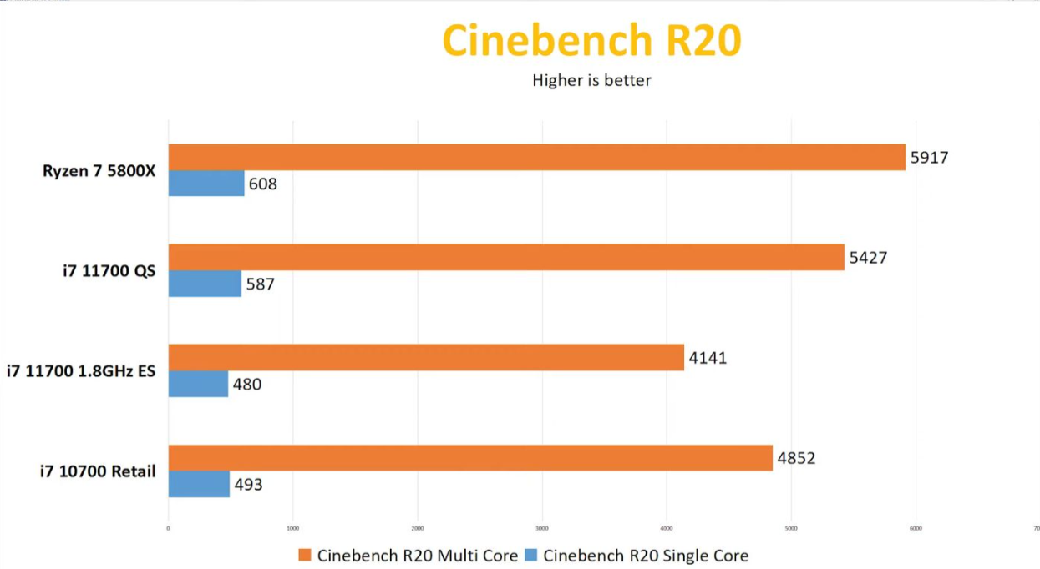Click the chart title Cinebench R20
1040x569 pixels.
tap(591, 41)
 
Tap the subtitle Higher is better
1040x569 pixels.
tap(591, 81)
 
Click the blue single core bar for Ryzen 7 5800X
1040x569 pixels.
tap(206, 184)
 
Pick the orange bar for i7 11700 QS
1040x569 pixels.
tap(506, 257)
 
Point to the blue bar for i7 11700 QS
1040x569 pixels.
tap(205, 284)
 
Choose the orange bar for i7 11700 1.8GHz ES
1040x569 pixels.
tap(426, 357)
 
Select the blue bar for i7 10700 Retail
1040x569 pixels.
tap(199, 484)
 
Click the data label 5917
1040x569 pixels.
tap(929, 157)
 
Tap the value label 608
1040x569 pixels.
tap(262, 184)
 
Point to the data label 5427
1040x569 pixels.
tap(868, 258)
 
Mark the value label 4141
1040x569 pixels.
tap(708, 358)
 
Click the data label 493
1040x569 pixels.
tap(247, 484)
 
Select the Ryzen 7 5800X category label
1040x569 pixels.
tap(99, 171)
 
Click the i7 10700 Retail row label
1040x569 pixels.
tap(98, 471)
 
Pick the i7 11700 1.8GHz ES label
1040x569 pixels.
tap(81, 371)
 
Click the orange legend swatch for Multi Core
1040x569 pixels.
tap(305, 556)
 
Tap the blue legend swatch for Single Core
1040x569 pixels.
tap(530, 556)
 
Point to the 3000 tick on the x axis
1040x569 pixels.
tap(541, 528)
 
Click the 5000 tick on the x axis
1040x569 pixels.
tap(791, 528)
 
